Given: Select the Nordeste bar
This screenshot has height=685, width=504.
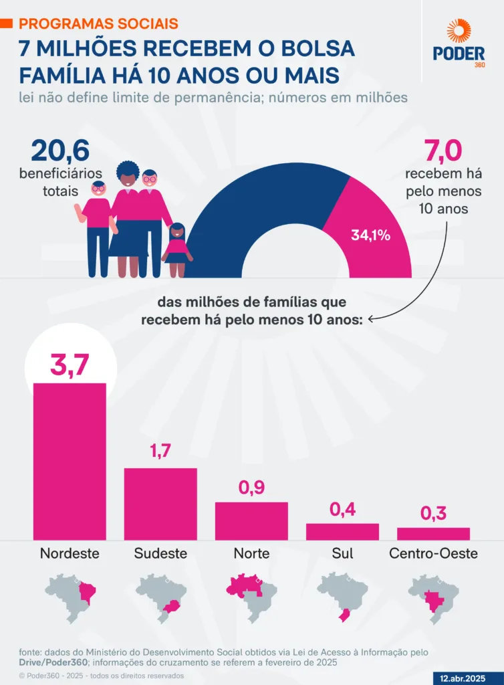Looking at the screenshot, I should [x=70, y=461].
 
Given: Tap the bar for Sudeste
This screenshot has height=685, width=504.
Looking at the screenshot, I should [x=160, y=503].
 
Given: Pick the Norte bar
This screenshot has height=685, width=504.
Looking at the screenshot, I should [x=251, y=520].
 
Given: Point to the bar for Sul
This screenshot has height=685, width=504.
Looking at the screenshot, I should [x=342, y=531].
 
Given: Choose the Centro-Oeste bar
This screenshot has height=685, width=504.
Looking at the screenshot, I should [x=433, y=533].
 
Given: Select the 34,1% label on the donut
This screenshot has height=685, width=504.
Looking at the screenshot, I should [x=370, y=235].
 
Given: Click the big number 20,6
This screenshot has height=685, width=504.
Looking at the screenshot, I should [x=59, y=151].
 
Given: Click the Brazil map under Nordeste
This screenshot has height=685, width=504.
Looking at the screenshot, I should [x=70, y=594].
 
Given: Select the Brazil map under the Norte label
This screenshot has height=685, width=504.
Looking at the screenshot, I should [x=251, y=594].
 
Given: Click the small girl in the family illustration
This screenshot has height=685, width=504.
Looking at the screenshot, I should [x=177, y=249].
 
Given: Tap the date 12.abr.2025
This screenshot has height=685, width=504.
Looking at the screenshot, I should [x=464, y=677].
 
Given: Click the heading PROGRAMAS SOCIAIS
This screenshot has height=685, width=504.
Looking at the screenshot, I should [x=98, y=23].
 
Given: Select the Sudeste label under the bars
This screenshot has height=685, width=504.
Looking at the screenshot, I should [x=160, y=553].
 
